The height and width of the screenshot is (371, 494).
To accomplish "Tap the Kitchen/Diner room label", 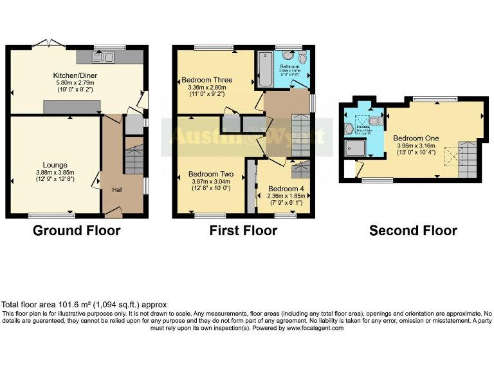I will (x=74, y=75).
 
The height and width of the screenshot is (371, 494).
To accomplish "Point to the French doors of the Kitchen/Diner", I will (x=49, y=44).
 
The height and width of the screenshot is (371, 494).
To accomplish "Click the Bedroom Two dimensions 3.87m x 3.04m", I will (x=210, y=181).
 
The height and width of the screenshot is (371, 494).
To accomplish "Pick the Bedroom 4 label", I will (x=282, y=189).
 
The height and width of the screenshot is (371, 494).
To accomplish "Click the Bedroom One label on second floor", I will (x=416, y=138).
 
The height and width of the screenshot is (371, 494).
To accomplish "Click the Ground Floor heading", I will (x=76, y=231).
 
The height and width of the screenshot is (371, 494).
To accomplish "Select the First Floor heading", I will (x=243, y=231).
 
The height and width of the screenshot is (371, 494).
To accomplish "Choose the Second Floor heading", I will (x=413, y=231).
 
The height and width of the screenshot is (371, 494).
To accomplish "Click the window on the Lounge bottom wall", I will (x=51, y=215).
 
